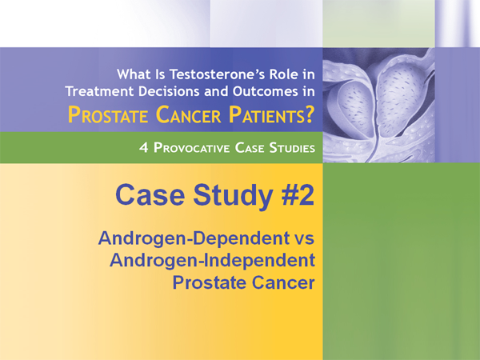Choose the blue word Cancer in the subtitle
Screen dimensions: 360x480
pyautogui.click(x=282, y=282)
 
